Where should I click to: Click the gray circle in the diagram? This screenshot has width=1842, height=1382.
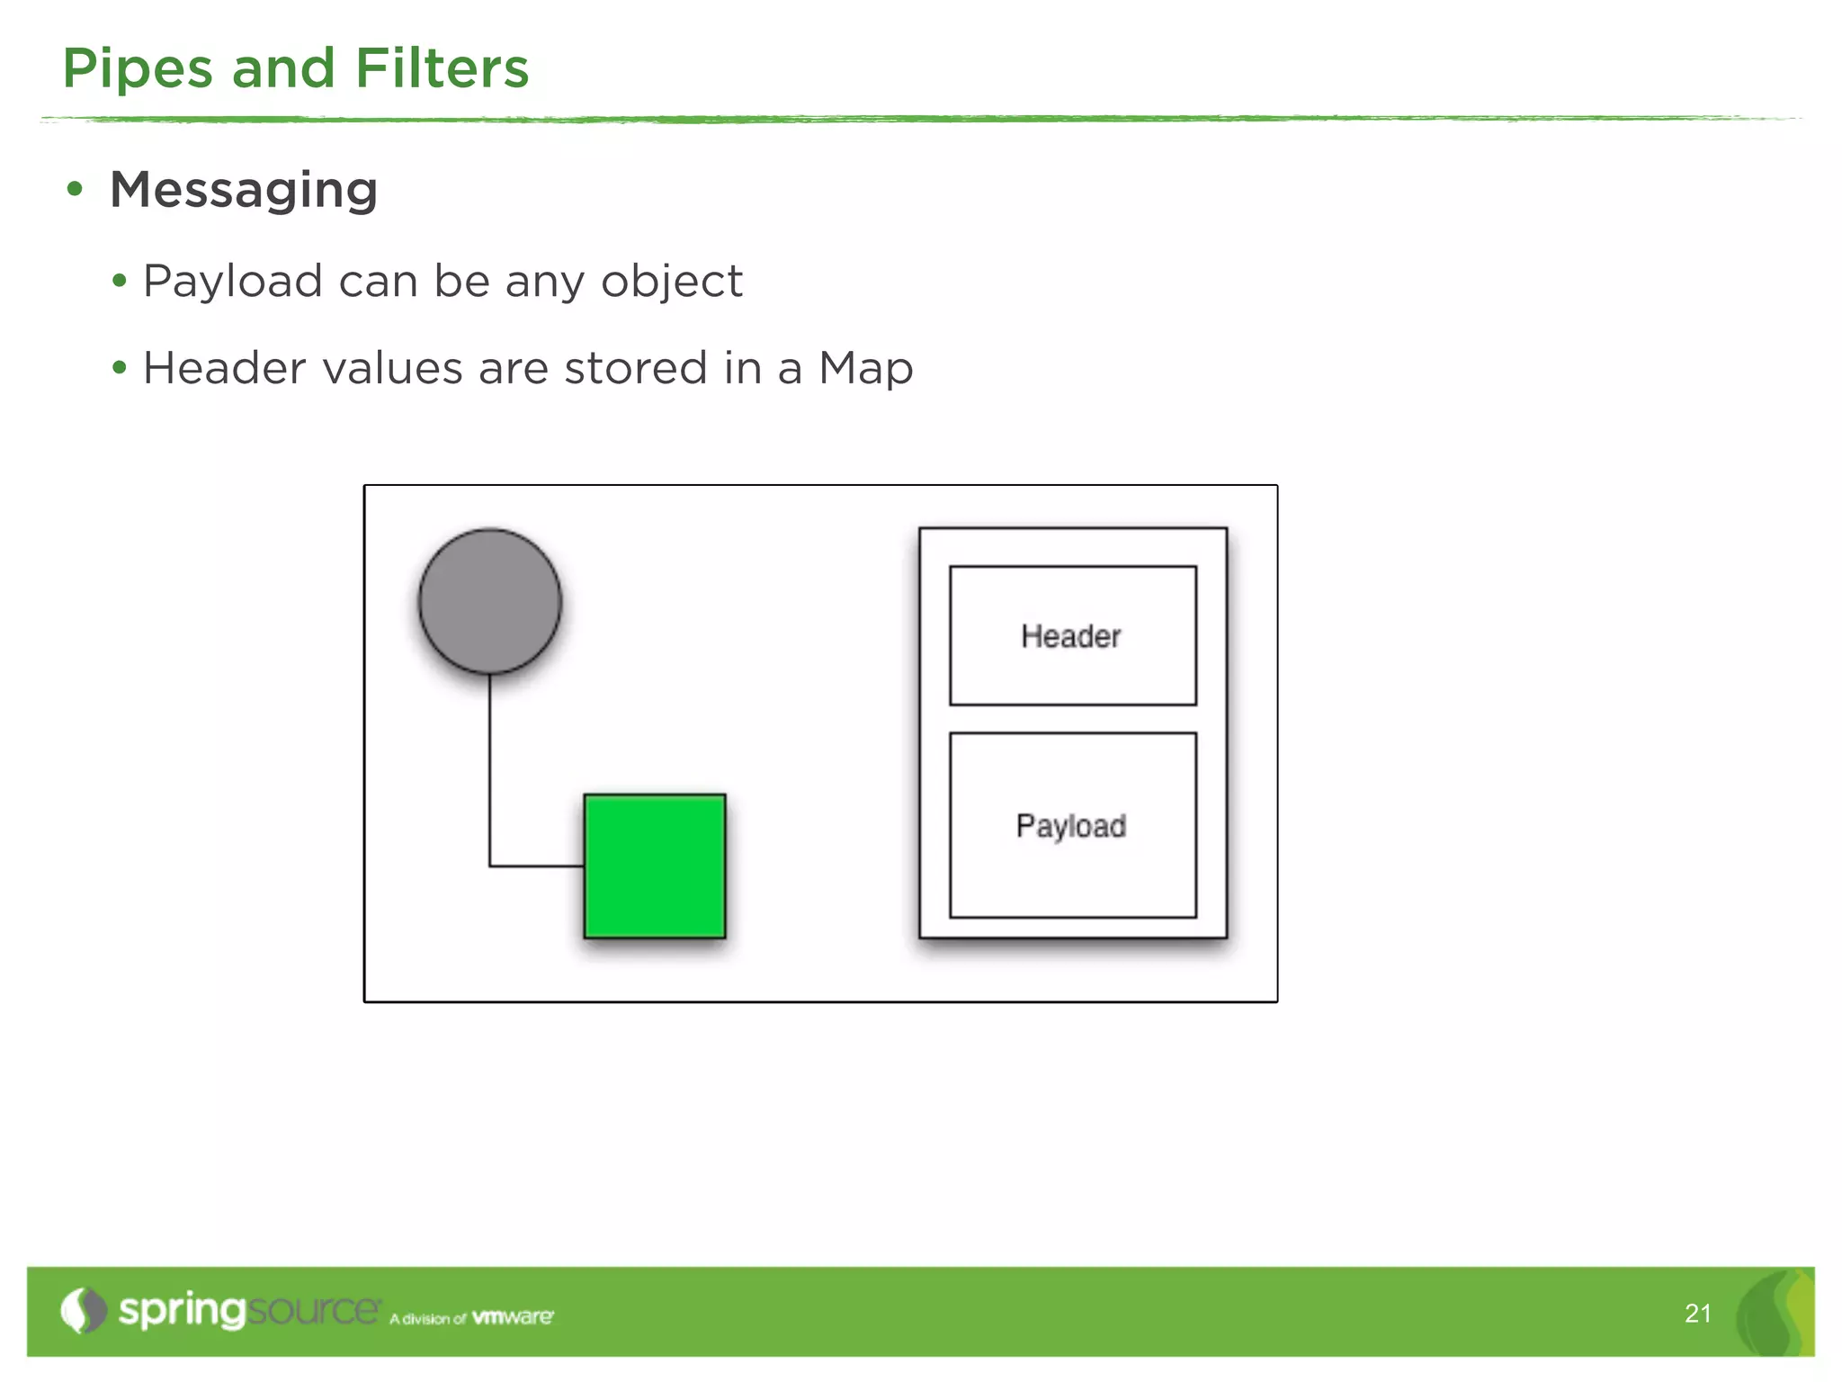490,601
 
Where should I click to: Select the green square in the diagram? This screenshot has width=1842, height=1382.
655,866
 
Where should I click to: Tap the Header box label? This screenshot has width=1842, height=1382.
1071,636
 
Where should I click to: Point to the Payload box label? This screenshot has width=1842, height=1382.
1071,826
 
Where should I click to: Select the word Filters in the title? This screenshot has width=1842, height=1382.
442,69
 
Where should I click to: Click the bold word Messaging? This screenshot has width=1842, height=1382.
244,191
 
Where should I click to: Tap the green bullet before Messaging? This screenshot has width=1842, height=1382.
76,190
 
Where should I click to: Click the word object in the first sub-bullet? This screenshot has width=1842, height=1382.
672,282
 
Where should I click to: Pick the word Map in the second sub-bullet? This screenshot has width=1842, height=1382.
865,369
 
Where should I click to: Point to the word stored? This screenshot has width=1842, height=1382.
636,369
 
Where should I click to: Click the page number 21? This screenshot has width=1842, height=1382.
1697,1314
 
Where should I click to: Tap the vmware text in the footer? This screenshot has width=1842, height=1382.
513,1317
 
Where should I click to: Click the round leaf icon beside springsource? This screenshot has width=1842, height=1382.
83,1310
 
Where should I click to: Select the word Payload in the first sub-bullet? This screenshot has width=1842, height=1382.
233,282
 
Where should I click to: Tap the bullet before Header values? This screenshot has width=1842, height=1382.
120,368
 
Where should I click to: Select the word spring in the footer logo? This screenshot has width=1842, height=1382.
182,1311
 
